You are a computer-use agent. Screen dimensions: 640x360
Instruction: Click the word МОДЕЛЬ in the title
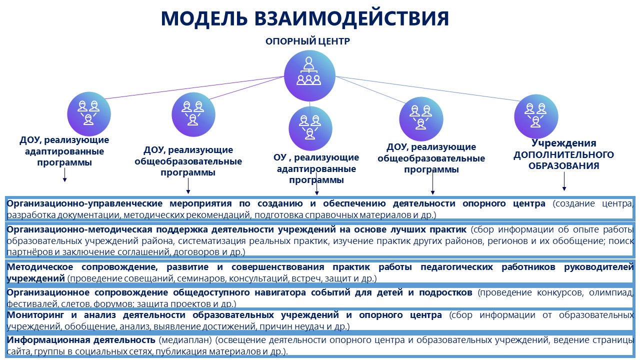click(204, 19)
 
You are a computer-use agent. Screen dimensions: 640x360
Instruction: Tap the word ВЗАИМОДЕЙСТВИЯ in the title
click(351, 19)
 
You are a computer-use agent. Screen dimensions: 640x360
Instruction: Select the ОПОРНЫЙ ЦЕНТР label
click(307, 41)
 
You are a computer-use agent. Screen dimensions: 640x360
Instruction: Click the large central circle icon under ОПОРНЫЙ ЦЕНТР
click(309, 75)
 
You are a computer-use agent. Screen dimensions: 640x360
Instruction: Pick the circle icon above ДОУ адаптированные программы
click(89, 113)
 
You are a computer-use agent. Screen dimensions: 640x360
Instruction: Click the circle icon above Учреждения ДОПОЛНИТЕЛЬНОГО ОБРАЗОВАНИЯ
click(536, 116)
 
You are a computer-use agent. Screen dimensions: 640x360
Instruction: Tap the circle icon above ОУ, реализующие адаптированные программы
click(310, 128)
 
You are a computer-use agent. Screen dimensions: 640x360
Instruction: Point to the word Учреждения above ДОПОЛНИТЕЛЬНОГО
click(563, 143)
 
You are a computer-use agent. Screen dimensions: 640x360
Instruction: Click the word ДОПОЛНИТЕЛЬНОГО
click(563, 154)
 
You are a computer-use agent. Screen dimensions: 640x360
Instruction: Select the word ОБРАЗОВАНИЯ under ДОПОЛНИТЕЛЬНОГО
click(563, 165)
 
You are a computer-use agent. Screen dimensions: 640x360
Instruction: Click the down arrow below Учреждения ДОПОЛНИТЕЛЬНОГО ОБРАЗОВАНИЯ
click(564, 181)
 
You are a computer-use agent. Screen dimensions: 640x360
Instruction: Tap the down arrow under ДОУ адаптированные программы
click(65, 175)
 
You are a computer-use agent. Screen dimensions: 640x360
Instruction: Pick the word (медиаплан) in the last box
click(185, 340)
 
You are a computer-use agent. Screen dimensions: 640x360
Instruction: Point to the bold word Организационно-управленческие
click(84, 203)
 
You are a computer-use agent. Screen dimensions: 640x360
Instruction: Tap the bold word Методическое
click(40, 267)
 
